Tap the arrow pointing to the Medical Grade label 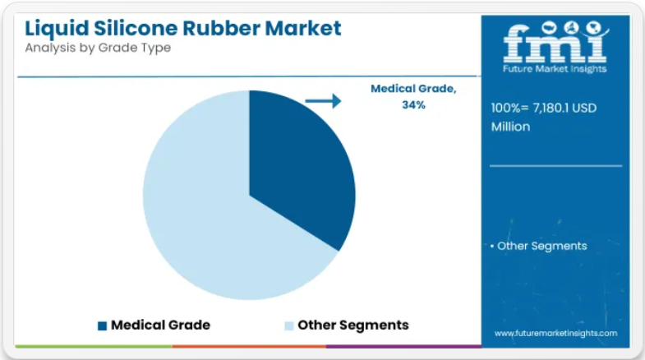(x=324, y=101)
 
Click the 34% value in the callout (x=413, y=105)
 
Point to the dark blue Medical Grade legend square (x=102, y=325)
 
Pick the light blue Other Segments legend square (x=289, y=325)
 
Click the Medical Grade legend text (x=160, y=325)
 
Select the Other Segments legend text (x=353, y=325)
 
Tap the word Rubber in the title (x=221, y=28)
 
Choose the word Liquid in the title (x=57, y=29)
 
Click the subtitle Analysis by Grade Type (x=98, y=48)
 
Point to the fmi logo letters (x=555, y=44)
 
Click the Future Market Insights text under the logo (x=555, y=69)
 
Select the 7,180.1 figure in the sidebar (x=551, y=108)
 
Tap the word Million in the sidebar (x=510, y=127)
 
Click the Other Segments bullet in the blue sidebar (x=539, y=246)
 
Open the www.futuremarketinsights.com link (x=555, y=333)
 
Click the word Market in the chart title (x=303, y=28)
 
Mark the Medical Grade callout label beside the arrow (x=413, y=89)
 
